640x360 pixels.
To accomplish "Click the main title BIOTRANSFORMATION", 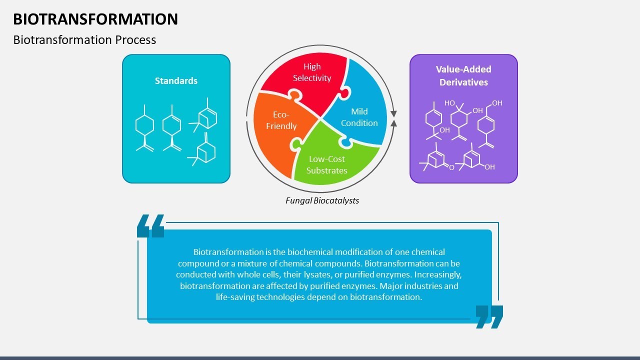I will tap(95, 19).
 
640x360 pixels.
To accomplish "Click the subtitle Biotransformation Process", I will tap(84, 40).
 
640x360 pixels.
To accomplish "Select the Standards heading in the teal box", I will tap(176, 81).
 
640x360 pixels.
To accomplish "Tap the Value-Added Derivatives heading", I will tap(463, 75).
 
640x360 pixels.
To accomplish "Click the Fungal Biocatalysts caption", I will tap(322, 200).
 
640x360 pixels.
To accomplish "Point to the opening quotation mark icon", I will tap(150, 226).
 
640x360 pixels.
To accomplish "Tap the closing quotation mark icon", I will tap(489, 316).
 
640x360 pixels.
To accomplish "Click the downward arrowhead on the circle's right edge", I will tap(394, 113).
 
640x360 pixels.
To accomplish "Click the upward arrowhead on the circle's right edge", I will tap(394, 123).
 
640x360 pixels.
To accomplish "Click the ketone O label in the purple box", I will tap(451, 167).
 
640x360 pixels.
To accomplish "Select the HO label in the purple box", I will tap(449, 103).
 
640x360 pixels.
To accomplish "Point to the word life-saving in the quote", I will tap(235, 297).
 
